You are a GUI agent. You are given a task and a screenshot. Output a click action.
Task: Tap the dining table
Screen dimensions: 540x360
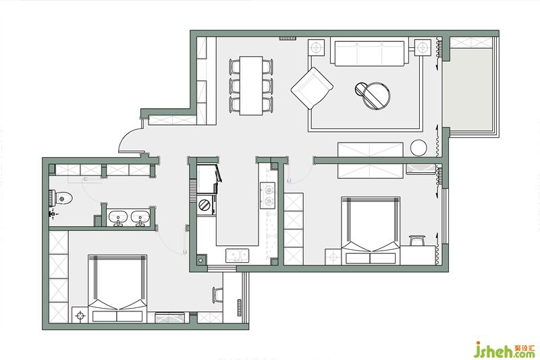pyautogui.click(x=251, y=85)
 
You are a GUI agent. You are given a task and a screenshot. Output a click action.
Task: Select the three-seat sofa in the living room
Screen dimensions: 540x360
pyautogui.click(x=369, y=53)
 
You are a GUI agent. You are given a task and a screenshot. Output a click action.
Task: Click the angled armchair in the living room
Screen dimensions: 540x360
pyautogui.click(x=312, y=88)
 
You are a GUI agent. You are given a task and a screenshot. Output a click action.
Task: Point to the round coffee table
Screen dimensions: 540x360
pyautogui.click(x=373, y=95)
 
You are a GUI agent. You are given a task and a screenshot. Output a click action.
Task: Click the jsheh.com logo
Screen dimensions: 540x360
pyautogui.click(x=504, y=350)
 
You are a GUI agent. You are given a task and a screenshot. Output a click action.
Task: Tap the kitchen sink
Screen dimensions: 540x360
pyautogui.click(x=238, y=255)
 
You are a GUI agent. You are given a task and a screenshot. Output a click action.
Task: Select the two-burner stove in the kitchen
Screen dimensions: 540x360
pyautogui.click(x=268, y=195)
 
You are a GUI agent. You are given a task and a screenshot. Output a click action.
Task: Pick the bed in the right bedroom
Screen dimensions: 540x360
pyautogui.click(x=371, y=230)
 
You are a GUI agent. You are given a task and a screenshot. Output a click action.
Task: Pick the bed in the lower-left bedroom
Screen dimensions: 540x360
pyautogui.click(x=117, y=288)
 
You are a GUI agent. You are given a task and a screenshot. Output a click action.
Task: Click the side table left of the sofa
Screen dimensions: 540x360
pyautogui.click(x=316, y=47)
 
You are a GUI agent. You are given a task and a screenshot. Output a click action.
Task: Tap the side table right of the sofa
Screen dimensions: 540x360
pyautogui.click(x=423, y=47)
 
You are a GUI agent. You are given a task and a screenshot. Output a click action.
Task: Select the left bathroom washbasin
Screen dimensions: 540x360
pyautogui.click(x=118, y=217)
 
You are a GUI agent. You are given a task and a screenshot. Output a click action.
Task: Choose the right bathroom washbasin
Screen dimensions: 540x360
pyautogui.click(x=140, y=217)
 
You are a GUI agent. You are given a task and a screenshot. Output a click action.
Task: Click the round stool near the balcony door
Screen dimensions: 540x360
pyautogui.click(x=418, y=148)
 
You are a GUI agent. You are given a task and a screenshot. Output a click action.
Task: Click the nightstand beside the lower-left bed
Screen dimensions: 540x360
pyautogui.click(x=80, y=315)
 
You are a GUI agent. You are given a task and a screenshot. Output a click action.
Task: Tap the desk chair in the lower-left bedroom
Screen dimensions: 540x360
pyautogui.click(x=217, y=295)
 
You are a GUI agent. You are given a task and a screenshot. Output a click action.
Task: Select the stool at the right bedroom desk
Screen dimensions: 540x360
pyautogui.click(x=417, y=240)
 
